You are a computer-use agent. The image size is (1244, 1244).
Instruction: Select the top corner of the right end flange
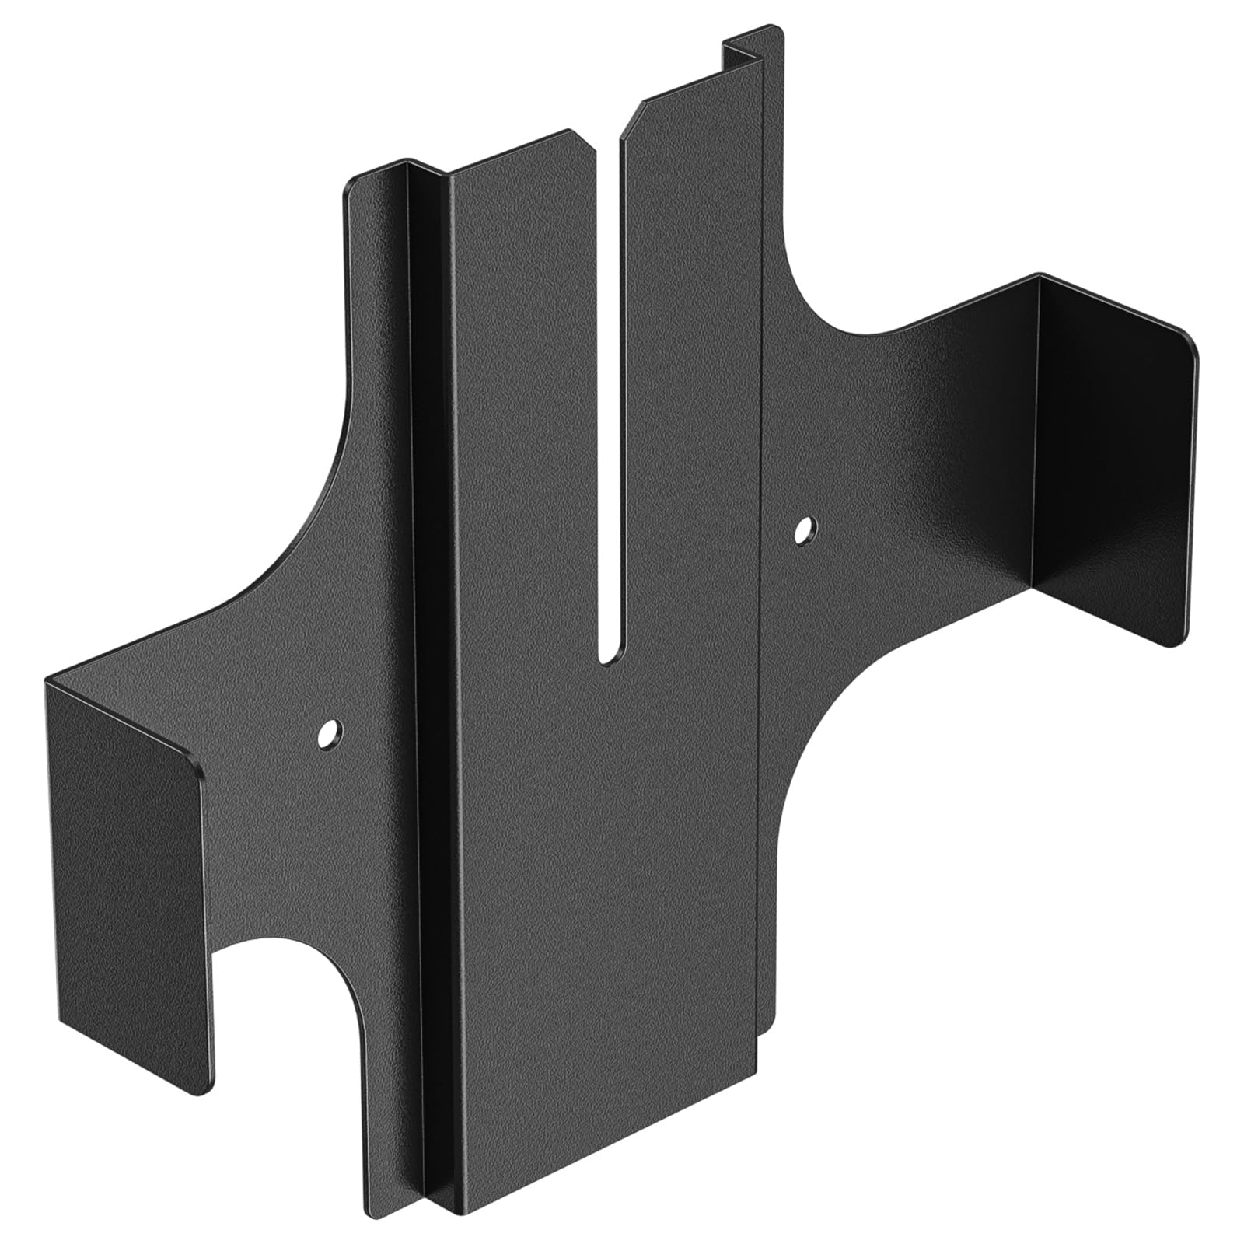(1040, 276)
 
